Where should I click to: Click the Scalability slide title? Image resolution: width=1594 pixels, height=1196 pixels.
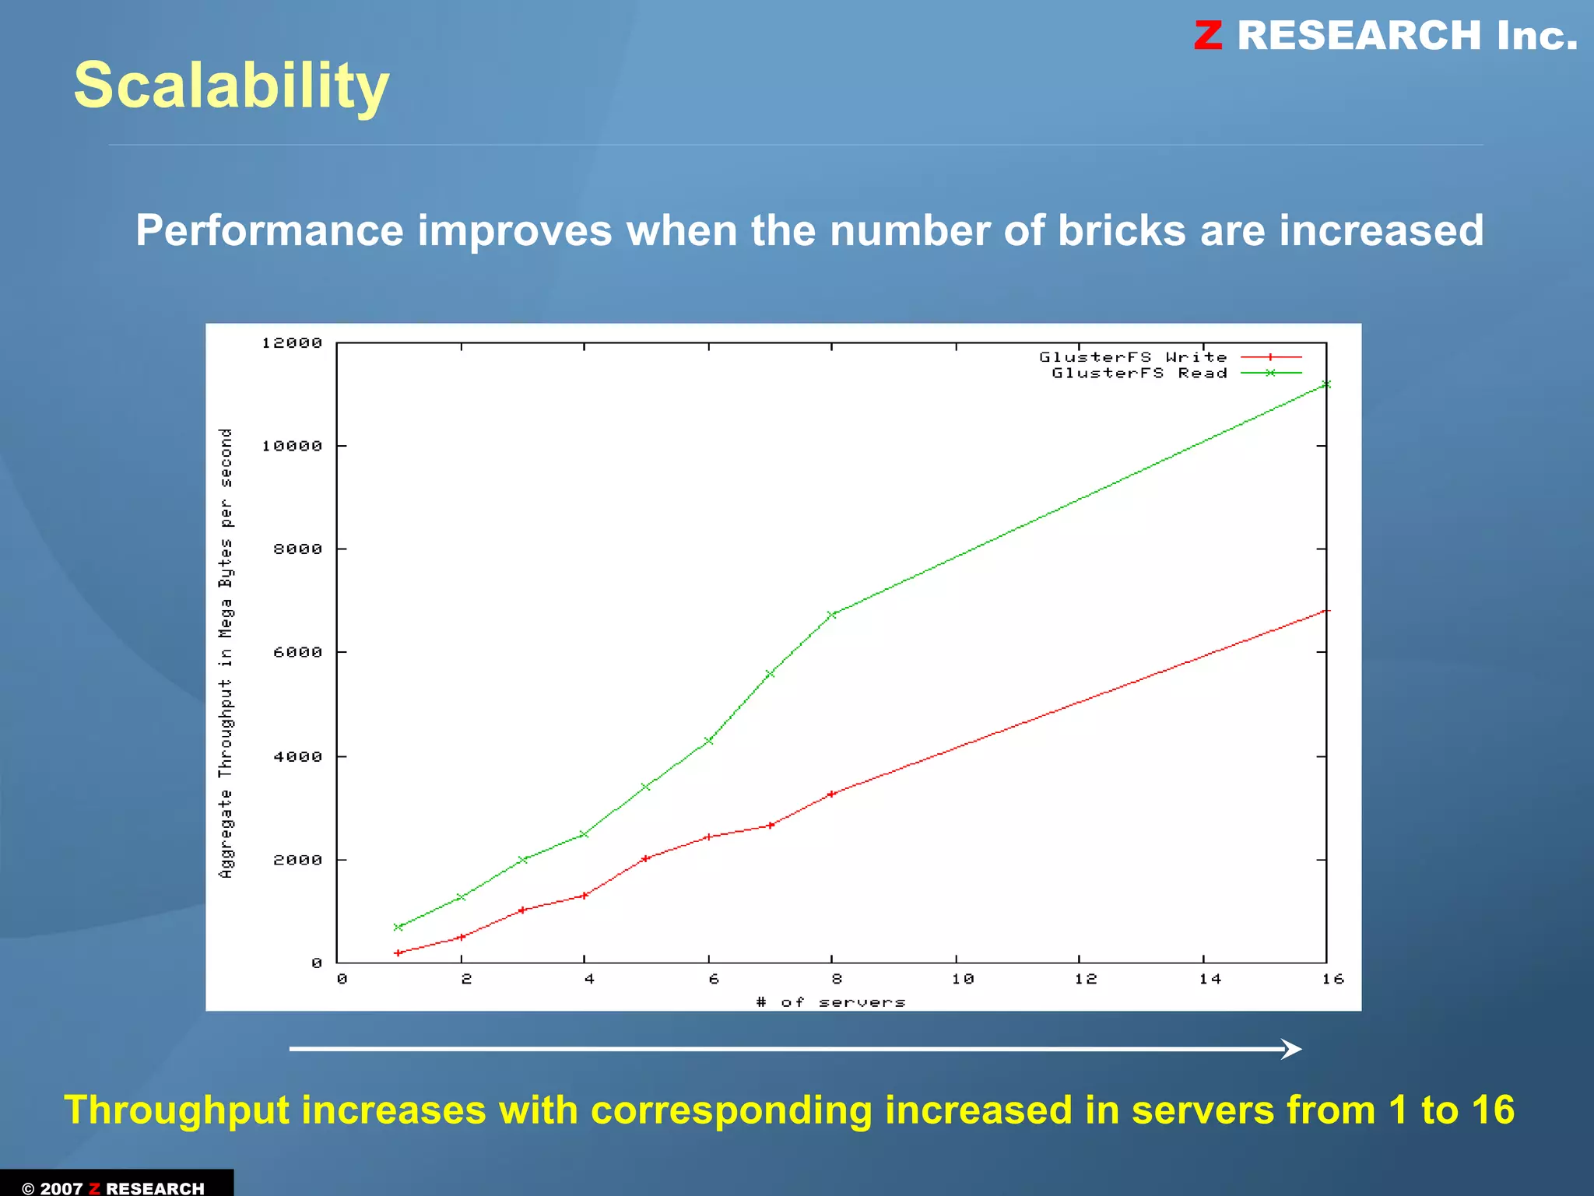click(231, 86)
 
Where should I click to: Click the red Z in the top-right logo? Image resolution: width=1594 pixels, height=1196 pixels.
click(1208, 36)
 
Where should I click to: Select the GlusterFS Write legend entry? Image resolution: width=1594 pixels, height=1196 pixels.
click(1133, 357)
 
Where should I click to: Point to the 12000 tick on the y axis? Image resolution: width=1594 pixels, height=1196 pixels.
click(292, 343)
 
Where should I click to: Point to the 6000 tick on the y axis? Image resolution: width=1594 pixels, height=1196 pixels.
click(297, 652)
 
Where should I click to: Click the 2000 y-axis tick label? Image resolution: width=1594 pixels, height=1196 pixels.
click(297, 860)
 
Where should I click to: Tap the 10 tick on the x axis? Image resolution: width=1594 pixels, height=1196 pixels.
click(962, 979)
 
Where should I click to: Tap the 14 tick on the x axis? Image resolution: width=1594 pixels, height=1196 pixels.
click(1210, 979)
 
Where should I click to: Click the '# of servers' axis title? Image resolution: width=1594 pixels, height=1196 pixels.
click(830, 1002)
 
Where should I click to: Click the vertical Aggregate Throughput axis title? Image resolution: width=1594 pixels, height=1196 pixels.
click(226, 654)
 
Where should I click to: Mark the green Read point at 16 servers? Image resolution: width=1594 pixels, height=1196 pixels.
click(1326, 384)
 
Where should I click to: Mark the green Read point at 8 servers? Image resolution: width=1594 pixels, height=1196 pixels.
click(831, 615)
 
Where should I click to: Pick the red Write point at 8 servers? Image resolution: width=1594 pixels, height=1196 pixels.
click(831, 794)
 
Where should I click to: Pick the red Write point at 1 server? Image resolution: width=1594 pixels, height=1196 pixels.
click(398, 952)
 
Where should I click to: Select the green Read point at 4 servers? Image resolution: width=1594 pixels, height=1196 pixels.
click(585, 834)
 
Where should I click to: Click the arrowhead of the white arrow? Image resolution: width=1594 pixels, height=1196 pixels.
click(1292, 1049)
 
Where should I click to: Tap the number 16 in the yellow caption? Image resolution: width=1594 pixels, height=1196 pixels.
click(1492, 1110)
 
